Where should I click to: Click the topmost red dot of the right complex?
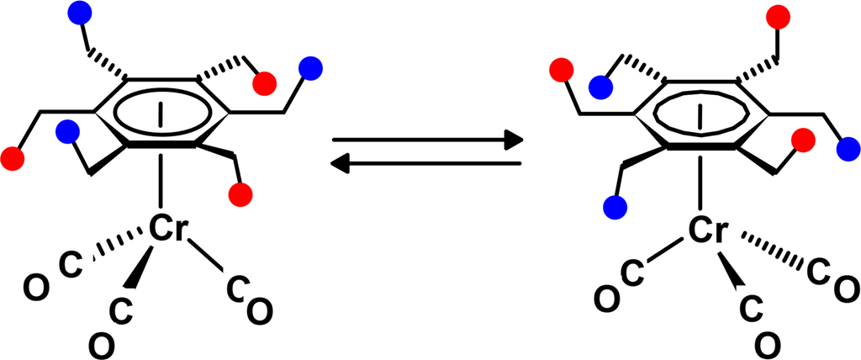coord(779,16)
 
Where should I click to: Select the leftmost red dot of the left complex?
coord(13,157)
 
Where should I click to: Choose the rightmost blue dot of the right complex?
coord(848,150)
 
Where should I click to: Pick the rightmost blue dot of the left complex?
coord(312,67)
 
